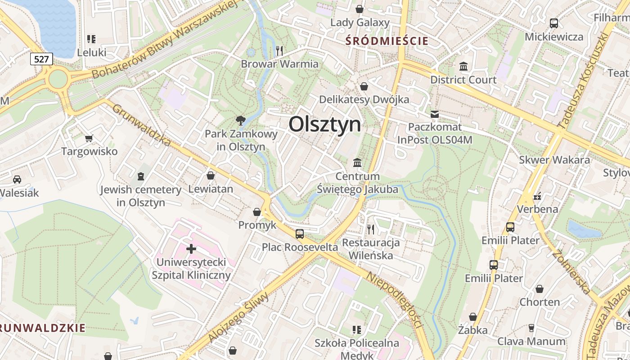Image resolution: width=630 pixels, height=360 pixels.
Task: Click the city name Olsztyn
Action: click(x=324, y=124)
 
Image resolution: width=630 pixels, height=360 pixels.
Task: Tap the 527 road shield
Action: click(x=42, y=58)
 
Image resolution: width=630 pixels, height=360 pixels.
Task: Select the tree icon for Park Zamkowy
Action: click(x=241, y=120)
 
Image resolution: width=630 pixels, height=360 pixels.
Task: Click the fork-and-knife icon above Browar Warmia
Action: click(x=279, y=50)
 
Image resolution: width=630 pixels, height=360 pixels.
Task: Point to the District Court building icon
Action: click(x=463, y=67)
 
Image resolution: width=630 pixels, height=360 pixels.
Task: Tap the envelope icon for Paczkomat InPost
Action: click(x=434, y=114)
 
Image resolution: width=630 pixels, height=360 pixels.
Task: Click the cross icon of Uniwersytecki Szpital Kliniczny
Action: click(x=191, y=248)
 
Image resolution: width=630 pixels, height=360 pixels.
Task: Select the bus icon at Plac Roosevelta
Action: click(x=300, y=234)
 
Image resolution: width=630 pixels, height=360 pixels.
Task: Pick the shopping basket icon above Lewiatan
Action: click(x=210, y=175)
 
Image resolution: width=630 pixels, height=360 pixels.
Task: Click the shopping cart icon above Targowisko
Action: click(x=89, y=138)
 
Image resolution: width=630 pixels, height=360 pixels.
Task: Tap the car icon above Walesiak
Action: click(x=17, y=180)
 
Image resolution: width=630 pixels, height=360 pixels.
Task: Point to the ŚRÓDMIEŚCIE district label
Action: click(x=387, y=41)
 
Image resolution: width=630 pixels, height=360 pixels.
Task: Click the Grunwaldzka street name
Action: click(x=141, y=126)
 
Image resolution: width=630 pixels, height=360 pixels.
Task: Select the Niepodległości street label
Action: click(x=396, y=301)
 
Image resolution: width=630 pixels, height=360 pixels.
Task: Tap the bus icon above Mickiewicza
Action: click(x=554, y=23)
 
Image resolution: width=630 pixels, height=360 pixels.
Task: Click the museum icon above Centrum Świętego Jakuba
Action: click(x=357, y=162)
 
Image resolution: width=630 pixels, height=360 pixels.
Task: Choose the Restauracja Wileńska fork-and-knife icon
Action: click(x=371, y=229)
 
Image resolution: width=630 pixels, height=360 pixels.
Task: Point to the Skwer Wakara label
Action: click(x=554, y=160)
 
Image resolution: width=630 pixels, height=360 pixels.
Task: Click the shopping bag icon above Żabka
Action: click(x=472, y=317)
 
